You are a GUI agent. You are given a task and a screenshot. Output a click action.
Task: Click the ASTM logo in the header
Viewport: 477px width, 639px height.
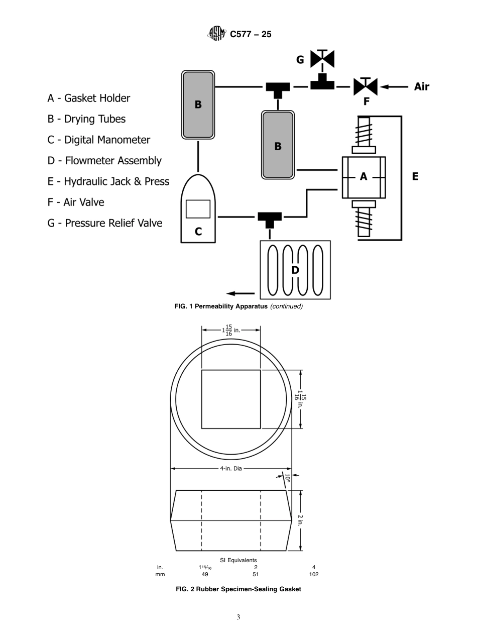pos(217,34)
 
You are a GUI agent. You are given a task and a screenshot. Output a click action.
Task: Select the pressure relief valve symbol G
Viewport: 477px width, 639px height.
pos(322,59)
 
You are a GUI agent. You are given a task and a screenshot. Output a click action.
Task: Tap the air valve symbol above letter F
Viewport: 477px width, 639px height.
pos(366,86)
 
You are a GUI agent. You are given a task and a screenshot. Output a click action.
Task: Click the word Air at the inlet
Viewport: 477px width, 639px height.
pos(421,86)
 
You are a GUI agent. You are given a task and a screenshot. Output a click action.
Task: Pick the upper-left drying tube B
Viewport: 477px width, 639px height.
pos(198,104)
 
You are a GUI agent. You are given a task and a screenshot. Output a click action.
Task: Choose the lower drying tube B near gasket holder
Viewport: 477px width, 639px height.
pos(278,145)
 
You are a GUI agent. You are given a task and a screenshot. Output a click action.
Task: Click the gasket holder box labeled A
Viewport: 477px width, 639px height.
pos(364,177)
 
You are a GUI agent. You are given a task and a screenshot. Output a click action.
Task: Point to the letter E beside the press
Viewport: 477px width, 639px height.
pos(415,177)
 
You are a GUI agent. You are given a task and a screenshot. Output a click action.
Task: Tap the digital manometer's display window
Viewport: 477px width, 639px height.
pos(198,209)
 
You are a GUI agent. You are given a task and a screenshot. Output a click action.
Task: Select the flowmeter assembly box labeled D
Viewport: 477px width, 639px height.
pos(295,270)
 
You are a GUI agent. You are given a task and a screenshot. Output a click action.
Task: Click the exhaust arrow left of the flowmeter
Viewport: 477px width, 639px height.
pos(238,294)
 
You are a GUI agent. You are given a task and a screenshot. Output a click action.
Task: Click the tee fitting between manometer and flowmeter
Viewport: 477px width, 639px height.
pos(270,218)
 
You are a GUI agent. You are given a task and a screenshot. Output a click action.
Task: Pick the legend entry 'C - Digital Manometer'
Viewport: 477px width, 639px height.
pos(98,140)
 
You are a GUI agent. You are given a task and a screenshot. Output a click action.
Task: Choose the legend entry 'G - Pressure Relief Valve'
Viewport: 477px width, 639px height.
pos(105,223)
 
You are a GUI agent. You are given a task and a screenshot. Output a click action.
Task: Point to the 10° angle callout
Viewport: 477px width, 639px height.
pos(288,478)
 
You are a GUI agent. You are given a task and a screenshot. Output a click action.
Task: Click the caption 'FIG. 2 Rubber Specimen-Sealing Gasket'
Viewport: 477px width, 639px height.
pos(238,589)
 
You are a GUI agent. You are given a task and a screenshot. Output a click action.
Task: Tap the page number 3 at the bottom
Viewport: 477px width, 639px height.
pos(238,617)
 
